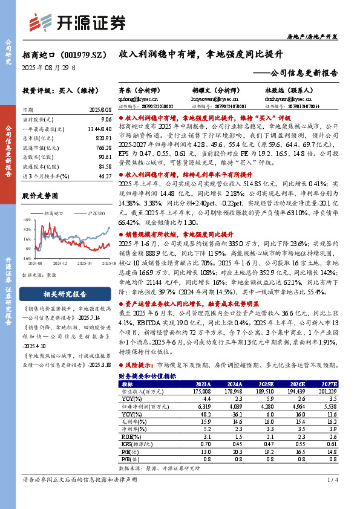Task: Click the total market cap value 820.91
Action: [103, 138]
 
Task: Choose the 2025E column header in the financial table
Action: [265, 384]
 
